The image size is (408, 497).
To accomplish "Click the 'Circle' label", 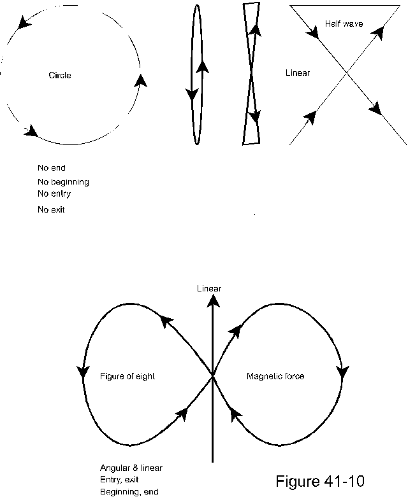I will [x=60, y=75].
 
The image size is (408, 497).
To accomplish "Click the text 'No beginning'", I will [x=63, y=182].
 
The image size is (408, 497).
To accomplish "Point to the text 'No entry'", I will [x=54, y=193].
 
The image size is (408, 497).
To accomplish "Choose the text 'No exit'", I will [x=51, y=209].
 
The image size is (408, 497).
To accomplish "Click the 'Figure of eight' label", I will [x=127, y=376].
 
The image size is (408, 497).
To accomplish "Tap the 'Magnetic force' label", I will [x=275, y=376].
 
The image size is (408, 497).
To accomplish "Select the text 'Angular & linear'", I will [x=131, y=468].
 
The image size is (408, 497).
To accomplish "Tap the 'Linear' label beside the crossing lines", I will [x=298, y=73].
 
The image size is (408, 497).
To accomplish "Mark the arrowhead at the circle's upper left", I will [x=25, y=24].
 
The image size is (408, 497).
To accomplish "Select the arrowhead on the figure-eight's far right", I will [x=344, y=371].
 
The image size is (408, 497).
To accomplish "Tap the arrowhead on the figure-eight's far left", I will [x=82, y=371].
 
